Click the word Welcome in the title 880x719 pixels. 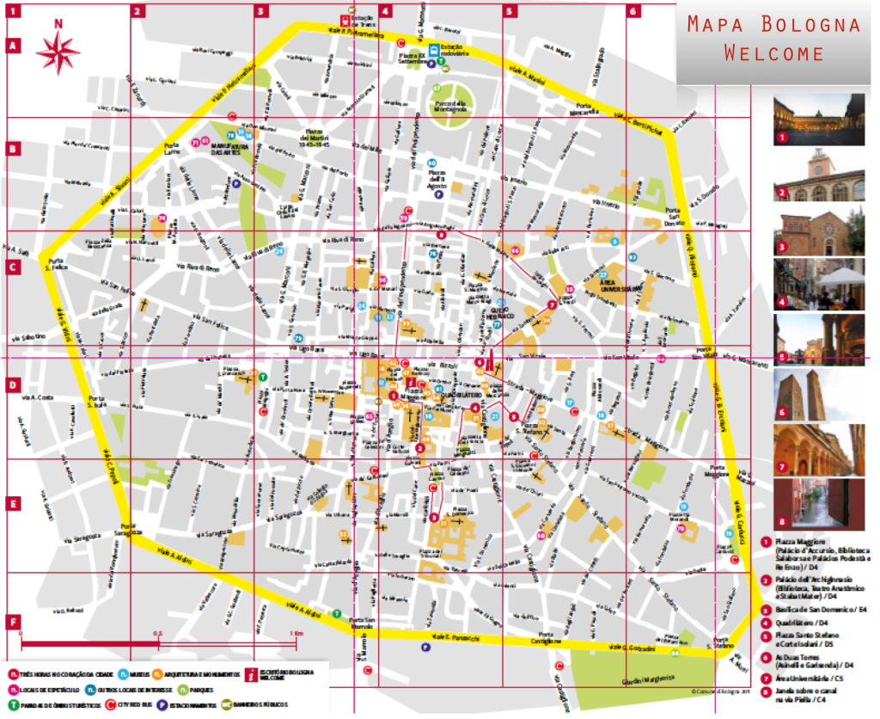point(773,53)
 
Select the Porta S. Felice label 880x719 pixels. point(56,265)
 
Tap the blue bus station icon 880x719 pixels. point(436,48)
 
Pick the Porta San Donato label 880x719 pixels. point(673,217)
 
